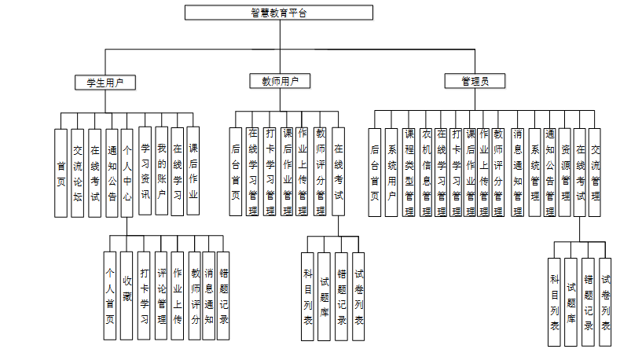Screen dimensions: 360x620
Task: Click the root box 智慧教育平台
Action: coord(279,13)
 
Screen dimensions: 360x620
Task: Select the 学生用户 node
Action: coord(105,81)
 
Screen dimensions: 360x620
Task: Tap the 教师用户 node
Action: coord(280,81)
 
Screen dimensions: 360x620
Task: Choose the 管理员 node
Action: coord(475,81)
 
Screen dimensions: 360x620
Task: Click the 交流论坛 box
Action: coord(77,172)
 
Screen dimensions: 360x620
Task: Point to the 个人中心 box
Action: coord(127,172)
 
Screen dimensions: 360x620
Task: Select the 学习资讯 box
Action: coord(145,171)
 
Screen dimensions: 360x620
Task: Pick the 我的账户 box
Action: coord(161,171)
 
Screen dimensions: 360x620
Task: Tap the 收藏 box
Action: coord(127,295)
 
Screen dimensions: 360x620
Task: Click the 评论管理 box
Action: coord(161,295)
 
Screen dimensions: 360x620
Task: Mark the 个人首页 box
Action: coord(110,295)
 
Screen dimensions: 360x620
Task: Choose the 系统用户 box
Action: coord(391,172)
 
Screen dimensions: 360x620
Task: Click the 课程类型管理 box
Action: coord(409,172)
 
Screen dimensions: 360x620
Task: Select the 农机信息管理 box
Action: coord(425,172)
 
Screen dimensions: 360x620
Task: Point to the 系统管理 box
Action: coord(535,172)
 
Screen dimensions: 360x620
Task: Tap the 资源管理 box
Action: coord(565,172)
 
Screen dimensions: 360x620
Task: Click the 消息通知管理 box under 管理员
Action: coord(517,172)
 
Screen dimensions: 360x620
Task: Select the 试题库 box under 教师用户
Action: coord(325,295)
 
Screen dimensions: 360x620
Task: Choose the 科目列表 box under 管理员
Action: coord(555,301)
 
